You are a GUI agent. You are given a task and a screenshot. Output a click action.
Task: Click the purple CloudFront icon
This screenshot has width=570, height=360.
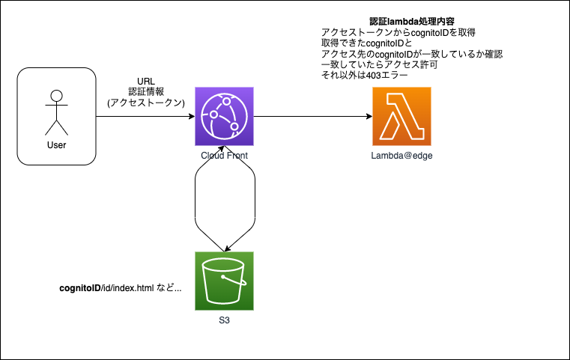224,117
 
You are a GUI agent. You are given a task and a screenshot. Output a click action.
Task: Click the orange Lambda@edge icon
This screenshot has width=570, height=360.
401,117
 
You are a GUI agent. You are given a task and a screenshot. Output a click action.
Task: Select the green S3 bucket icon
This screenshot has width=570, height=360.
224,281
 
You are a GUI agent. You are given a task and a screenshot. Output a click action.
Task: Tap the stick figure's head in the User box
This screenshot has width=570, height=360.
55,96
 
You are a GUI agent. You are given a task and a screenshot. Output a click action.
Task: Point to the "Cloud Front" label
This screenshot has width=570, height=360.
224,155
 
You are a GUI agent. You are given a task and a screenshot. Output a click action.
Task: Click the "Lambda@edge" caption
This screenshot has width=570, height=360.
401,155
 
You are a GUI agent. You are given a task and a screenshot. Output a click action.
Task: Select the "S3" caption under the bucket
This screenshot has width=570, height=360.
224,320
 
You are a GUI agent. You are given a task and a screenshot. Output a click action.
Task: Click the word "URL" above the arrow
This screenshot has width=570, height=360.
146,81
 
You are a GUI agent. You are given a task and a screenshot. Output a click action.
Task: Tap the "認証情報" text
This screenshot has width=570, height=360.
146,91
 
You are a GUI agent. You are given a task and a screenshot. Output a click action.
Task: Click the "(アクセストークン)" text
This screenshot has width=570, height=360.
146,103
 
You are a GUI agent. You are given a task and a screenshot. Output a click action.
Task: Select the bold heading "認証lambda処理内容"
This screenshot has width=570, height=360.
401,22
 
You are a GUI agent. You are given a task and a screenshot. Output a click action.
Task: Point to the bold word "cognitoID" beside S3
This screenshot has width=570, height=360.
79,288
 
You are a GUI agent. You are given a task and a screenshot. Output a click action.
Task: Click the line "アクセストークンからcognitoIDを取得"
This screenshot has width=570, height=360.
398,33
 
